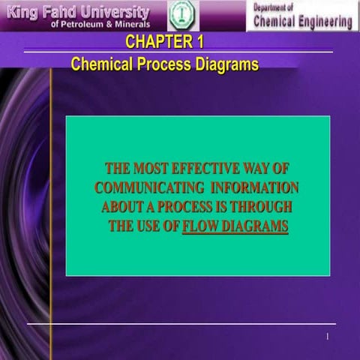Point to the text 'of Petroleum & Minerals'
click(100, 24)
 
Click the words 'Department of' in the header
click(275, 7)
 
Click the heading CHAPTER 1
click(164, 41)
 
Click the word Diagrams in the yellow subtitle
click(226, 65)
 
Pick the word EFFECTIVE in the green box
click(205, 168)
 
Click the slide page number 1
click(328, 336)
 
